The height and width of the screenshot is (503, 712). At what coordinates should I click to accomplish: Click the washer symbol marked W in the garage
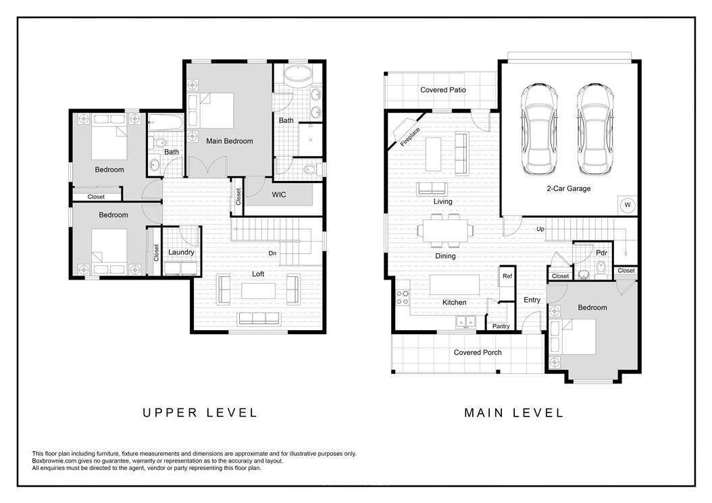[x=628, y=205]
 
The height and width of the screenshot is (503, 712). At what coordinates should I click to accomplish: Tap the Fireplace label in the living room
[x=410, y=136]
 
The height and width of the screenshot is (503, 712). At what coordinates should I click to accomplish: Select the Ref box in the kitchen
[x=507, y=275]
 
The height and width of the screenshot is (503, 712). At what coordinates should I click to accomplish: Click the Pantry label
[x=501, y=326]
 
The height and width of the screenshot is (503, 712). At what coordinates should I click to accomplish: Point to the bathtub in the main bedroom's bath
[x=299, y=74]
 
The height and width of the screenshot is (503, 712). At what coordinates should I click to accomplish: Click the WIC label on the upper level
[x=279, y=194]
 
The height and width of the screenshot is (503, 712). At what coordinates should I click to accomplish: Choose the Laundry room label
[x=181, y=253]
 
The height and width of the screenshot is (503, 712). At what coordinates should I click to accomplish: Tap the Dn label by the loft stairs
[x=272, y=253]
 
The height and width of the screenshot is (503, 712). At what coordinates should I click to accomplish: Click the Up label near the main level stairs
[x=540, y=230]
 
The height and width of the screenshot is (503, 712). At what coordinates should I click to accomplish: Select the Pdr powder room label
[x=601, y=253]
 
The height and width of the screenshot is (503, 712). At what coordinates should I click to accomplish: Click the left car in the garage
[x=539, y=130]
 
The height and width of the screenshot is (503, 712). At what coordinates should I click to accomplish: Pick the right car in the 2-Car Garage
[x=595, y=130]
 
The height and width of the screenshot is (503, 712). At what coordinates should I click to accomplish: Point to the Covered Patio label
[x=442, y=90]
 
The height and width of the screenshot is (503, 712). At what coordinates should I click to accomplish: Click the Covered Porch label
[x=478, y=352]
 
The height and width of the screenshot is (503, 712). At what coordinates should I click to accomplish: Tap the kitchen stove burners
[x=403, y=297]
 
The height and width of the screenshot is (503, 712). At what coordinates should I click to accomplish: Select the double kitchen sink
[x=465, y=322]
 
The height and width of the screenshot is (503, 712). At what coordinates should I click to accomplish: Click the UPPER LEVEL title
[x=200, y=413]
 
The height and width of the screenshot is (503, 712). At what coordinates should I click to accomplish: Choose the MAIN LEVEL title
[x=514, y=413]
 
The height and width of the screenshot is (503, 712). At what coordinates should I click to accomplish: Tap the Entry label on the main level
[x=532, y=300]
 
